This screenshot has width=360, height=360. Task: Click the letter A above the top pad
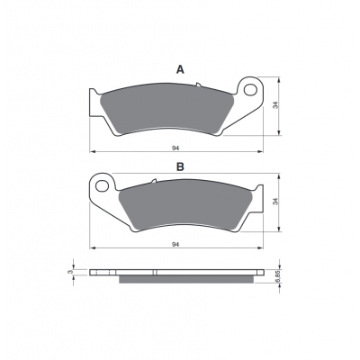180,70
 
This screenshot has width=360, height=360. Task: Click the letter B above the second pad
180,166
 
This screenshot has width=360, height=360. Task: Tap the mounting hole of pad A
250,89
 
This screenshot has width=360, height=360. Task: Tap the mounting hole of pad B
102,185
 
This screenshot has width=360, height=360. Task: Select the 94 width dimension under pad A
175,148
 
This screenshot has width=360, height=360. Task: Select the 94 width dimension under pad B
175,245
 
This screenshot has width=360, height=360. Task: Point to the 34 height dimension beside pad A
276,105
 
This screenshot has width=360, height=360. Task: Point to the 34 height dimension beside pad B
276,202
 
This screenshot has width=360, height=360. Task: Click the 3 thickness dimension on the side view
70,272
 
